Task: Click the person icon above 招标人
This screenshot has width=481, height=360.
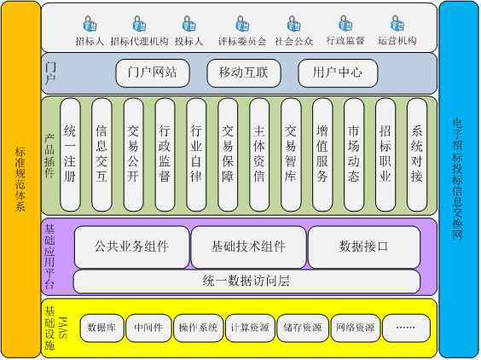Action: point(90,24)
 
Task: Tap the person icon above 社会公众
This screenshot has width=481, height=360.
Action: point(294,24)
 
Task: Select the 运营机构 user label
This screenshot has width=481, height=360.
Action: point(397,40)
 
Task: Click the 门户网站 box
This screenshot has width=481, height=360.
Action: point(153,73)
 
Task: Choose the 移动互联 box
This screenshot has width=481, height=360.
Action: point(244,73)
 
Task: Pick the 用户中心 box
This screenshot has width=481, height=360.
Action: point(338,73)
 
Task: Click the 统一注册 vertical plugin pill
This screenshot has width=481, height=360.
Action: point(70,154)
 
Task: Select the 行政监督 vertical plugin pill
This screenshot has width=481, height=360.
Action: point(165,154)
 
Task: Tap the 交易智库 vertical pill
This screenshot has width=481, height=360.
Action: point(291,154)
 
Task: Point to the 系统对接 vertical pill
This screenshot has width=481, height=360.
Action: point(417,154)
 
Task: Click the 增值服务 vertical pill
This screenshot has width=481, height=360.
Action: point(322,154)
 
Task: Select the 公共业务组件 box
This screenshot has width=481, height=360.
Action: point(131,247)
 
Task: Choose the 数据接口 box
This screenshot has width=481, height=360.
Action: point(364,247)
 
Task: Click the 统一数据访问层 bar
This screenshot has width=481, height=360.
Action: point(246,282)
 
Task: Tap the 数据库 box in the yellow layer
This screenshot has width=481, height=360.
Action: point(101,328)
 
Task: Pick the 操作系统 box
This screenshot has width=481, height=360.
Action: point(198,328)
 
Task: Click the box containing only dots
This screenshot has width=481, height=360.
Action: point(406,328)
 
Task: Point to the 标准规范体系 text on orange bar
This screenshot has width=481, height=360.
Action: point(20,179)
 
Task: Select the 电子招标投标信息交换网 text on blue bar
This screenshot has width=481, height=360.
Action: point(458,179)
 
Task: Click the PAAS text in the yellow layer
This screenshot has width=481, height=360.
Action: point(62,328)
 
